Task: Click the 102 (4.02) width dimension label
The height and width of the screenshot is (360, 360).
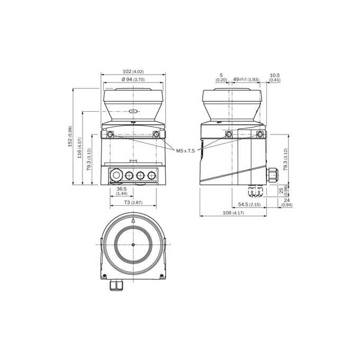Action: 133,71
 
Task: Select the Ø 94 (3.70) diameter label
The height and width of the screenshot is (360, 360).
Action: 133,79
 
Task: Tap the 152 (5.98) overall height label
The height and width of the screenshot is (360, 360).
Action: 70,137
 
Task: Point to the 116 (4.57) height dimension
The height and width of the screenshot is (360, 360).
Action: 79,148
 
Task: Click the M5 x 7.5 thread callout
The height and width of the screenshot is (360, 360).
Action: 185,150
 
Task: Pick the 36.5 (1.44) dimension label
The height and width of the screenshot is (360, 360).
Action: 121,191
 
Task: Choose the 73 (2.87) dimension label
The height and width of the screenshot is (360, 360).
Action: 133,202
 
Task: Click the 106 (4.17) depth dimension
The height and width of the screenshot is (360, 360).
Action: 233,213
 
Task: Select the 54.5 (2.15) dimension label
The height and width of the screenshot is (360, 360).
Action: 249,204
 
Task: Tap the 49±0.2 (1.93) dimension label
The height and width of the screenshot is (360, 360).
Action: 246,79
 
